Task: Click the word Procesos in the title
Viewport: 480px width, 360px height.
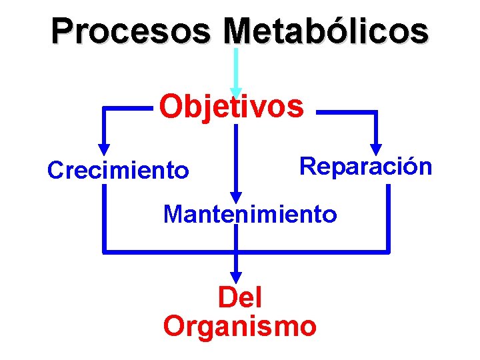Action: [x=131, y=31]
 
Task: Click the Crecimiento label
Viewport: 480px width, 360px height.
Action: [x=118, y=171]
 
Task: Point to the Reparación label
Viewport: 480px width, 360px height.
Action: [x=366, y=166]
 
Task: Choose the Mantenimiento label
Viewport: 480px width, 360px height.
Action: [x=250, y=215]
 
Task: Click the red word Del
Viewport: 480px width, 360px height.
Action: [x=240, y=297]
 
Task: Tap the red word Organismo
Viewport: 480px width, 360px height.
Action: [x=240, y=327]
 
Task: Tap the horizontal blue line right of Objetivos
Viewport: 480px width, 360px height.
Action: [x=347, y=113]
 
